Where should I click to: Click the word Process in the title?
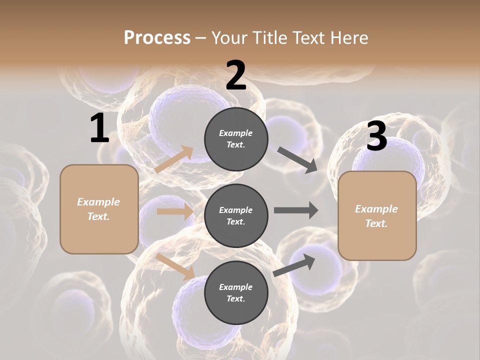[157, 37]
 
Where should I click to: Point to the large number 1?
[99, 128]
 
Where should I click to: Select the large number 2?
[236, 75]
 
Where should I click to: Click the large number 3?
[376, 136]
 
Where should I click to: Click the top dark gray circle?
[236, 138]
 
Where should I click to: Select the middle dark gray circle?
[236, 215]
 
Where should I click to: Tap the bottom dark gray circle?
[236, 292]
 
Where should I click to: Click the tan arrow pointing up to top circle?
[174, 159]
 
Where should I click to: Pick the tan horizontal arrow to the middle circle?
[175, 211]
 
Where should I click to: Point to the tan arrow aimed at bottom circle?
[175, 266]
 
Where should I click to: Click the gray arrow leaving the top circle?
[297, 160]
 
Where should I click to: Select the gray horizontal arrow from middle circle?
[296, 210]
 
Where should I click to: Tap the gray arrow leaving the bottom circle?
[294, 265]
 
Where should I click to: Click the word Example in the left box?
[98, 202]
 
